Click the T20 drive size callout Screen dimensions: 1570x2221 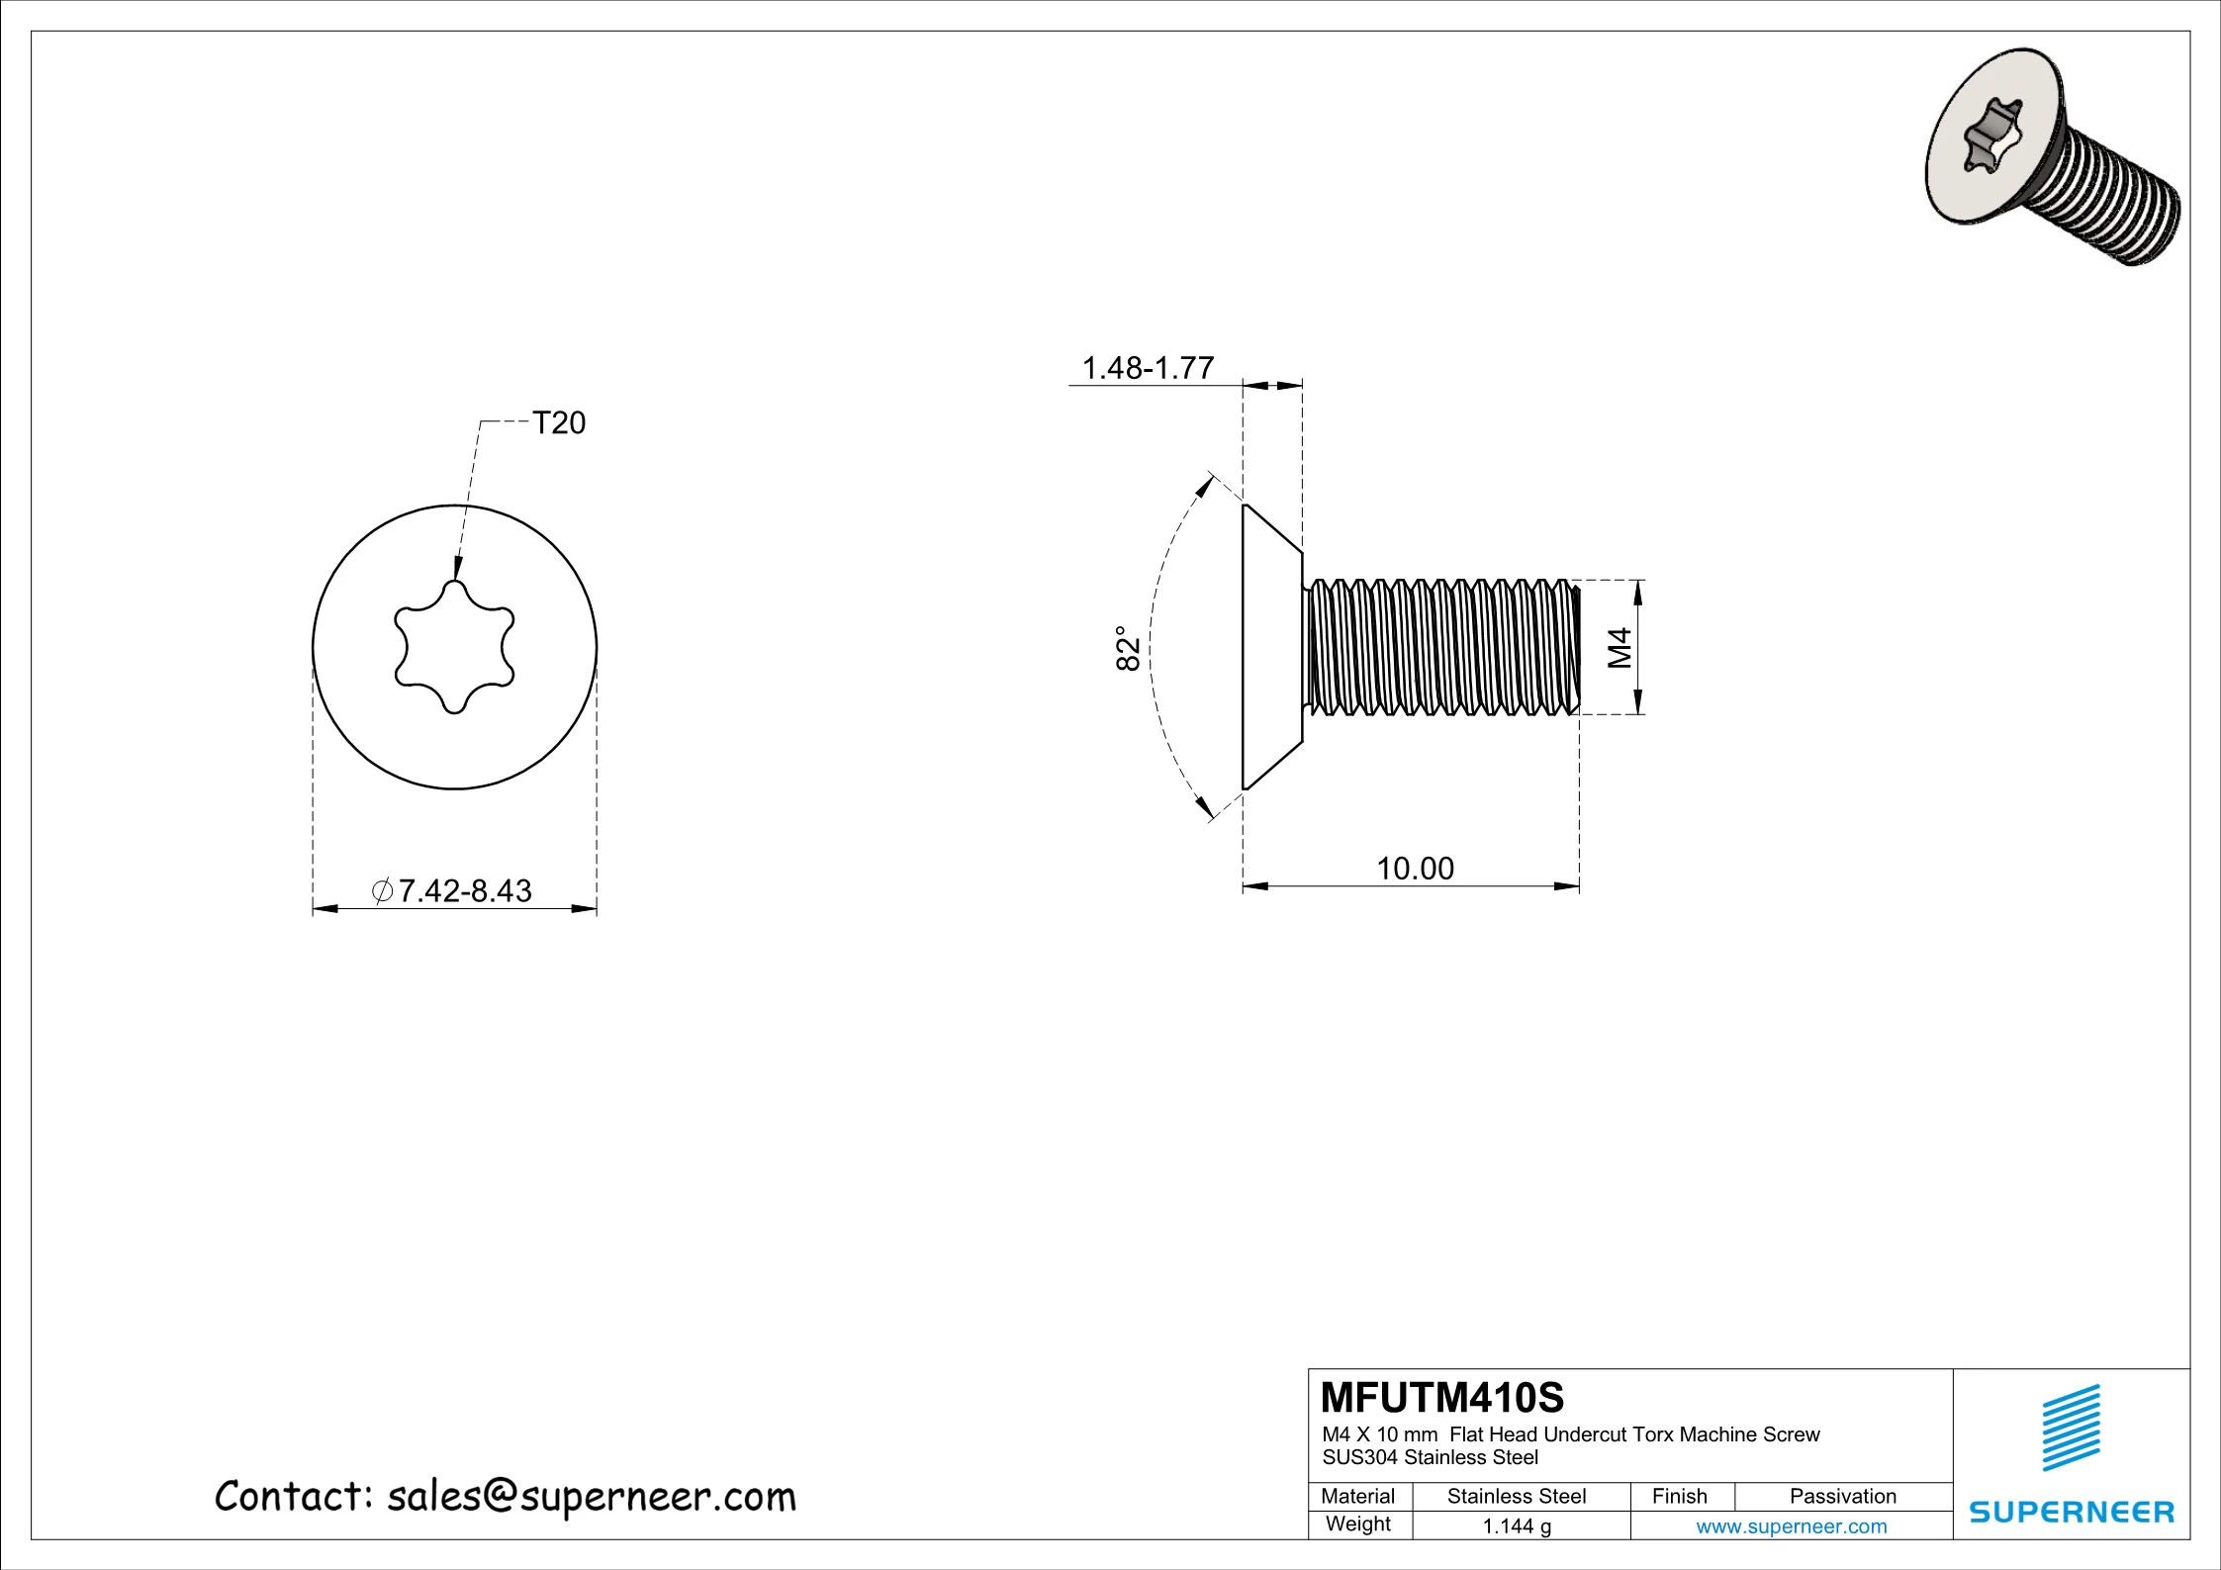pos(559,423)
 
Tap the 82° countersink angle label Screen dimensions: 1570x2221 pos(1129,648)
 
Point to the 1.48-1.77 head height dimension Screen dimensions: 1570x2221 pos(1148,368)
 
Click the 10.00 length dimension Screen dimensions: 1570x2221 pos(1415,869)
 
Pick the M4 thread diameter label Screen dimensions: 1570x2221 pos(1619,647)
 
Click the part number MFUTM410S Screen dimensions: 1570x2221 pos(1442,1398)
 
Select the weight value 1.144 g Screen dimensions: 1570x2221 pos(1516,1526)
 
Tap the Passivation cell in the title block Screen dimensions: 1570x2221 pos(1842,1497)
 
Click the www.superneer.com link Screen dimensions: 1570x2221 pos(1791,1526)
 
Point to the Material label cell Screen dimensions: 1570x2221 pos(1357,1497)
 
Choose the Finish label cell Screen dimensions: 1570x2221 pos(1679,1497)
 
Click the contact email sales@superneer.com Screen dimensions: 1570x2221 pos(591,1497)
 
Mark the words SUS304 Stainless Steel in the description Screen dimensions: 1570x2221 pos(1430,1457)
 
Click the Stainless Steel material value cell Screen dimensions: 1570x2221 pos(1516,1497)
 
